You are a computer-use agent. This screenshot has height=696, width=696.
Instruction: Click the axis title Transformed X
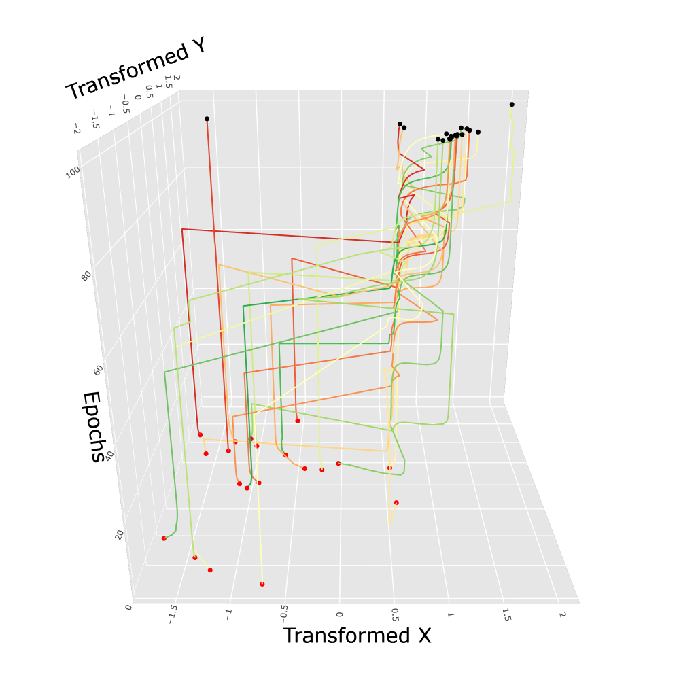click(357, 636)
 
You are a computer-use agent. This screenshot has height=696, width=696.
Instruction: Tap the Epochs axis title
click(94, 427)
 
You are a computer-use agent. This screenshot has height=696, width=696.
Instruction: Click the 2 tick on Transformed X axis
click(561, 614)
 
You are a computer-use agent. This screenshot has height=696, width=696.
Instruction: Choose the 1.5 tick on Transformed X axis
click(505, 615)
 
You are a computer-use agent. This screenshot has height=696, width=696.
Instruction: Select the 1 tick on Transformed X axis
click(450, 614)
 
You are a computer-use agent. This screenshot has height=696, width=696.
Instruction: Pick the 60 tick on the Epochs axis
click(99, 370)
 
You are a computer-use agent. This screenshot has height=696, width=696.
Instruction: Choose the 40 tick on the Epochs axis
click(109, 453)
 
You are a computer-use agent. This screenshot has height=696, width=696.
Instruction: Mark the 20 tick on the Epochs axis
click(120, 535)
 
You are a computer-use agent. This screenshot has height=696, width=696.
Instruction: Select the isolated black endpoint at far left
click(207, 119)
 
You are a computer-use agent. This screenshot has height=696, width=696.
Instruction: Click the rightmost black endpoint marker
click(512, 104)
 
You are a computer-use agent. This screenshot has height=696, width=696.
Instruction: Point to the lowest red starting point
click(262, 584)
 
